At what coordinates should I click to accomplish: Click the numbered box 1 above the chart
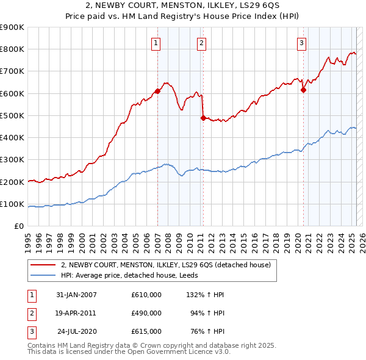click(x=157, y=43)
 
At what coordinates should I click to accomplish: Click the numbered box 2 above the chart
click(x=201, y=43)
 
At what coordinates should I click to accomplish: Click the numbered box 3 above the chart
click(x=302, y=43)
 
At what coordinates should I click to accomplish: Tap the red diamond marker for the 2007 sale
click(x=157, y=91)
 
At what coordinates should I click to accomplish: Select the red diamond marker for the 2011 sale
click(x=203, y=118)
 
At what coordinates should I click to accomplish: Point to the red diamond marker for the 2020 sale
click(x=303, y=90)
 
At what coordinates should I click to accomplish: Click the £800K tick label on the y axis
click(x=12, y=49)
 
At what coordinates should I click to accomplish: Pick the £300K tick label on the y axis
click(x=12, y=160)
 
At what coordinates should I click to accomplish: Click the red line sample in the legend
click(x=43, y=265)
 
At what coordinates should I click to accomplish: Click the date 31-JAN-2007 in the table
click(x=76, y=295)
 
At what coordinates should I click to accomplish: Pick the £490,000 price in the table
click(x=146, y=313)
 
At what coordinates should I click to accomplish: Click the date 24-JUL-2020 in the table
click(x=76, y=331)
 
